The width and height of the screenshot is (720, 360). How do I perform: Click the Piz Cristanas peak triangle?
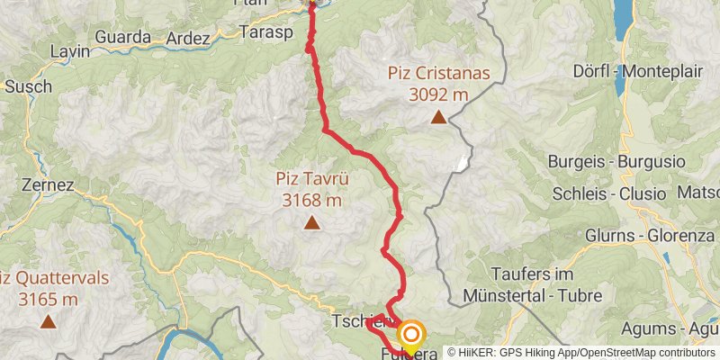tap(438, 117)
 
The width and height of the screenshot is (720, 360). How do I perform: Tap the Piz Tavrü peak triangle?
tap(312, 222)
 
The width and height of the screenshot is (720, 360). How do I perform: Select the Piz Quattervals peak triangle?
tap(47, 319)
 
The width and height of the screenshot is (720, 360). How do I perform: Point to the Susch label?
tap(28, 86)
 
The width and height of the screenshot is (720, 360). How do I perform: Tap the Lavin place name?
tap(71, 51)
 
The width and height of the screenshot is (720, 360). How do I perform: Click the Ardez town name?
tap(189, 40)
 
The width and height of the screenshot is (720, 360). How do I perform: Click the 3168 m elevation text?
tap(312, 199)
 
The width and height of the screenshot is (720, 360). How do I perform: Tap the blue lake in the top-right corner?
tap(623, 13)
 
